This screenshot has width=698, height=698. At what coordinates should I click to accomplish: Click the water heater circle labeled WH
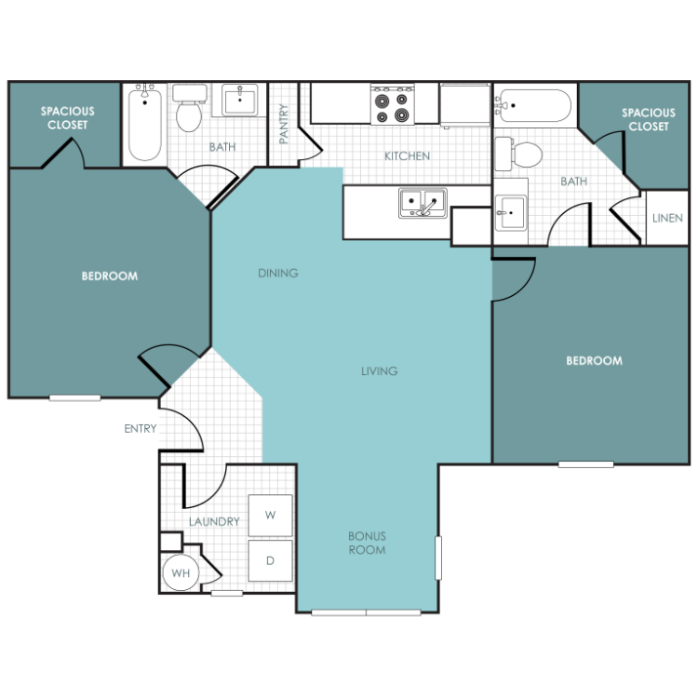point(181,573)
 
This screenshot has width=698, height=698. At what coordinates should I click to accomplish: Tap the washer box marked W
point(270,515)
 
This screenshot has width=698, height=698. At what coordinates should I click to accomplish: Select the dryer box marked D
point(270,560)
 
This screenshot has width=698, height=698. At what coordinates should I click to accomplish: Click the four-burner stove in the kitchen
point(392,104)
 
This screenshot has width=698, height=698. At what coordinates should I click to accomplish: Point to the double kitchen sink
point(423,203)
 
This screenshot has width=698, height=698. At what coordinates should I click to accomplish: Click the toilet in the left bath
point(189,108)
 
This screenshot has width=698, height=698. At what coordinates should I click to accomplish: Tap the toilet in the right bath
point(518,154)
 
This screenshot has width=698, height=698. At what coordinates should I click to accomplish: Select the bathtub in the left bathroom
point(144,123)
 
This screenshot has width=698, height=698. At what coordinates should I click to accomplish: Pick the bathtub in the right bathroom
point(533,105)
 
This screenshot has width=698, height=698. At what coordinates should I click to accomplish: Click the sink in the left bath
point(239,101)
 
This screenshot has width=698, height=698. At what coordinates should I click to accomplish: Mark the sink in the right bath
point(511,213)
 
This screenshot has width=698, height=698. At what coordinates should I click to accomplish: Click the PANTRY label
point(284,124)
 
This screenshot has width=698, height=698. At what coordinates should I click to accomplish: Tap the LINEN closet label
point(667,218)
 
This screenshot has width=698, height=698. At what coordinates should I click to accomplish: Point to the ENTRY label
point(141,429)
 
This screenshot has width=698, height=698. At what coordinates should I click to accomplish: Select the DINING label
point(278,273)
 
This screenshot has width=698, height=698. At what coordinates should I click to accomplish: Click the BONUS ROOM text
point(368,544)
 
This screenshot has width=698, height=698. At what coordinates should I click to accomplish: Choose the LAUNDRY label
point(214,522)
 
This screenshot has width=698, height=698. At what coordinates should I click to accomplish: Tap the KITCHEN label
point(408,155)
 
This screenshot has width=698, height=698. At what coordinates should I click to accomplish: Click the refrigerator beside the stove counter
point(465,105)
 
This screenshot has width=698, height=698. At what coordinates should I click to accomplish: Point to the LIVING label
point(380,370)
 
